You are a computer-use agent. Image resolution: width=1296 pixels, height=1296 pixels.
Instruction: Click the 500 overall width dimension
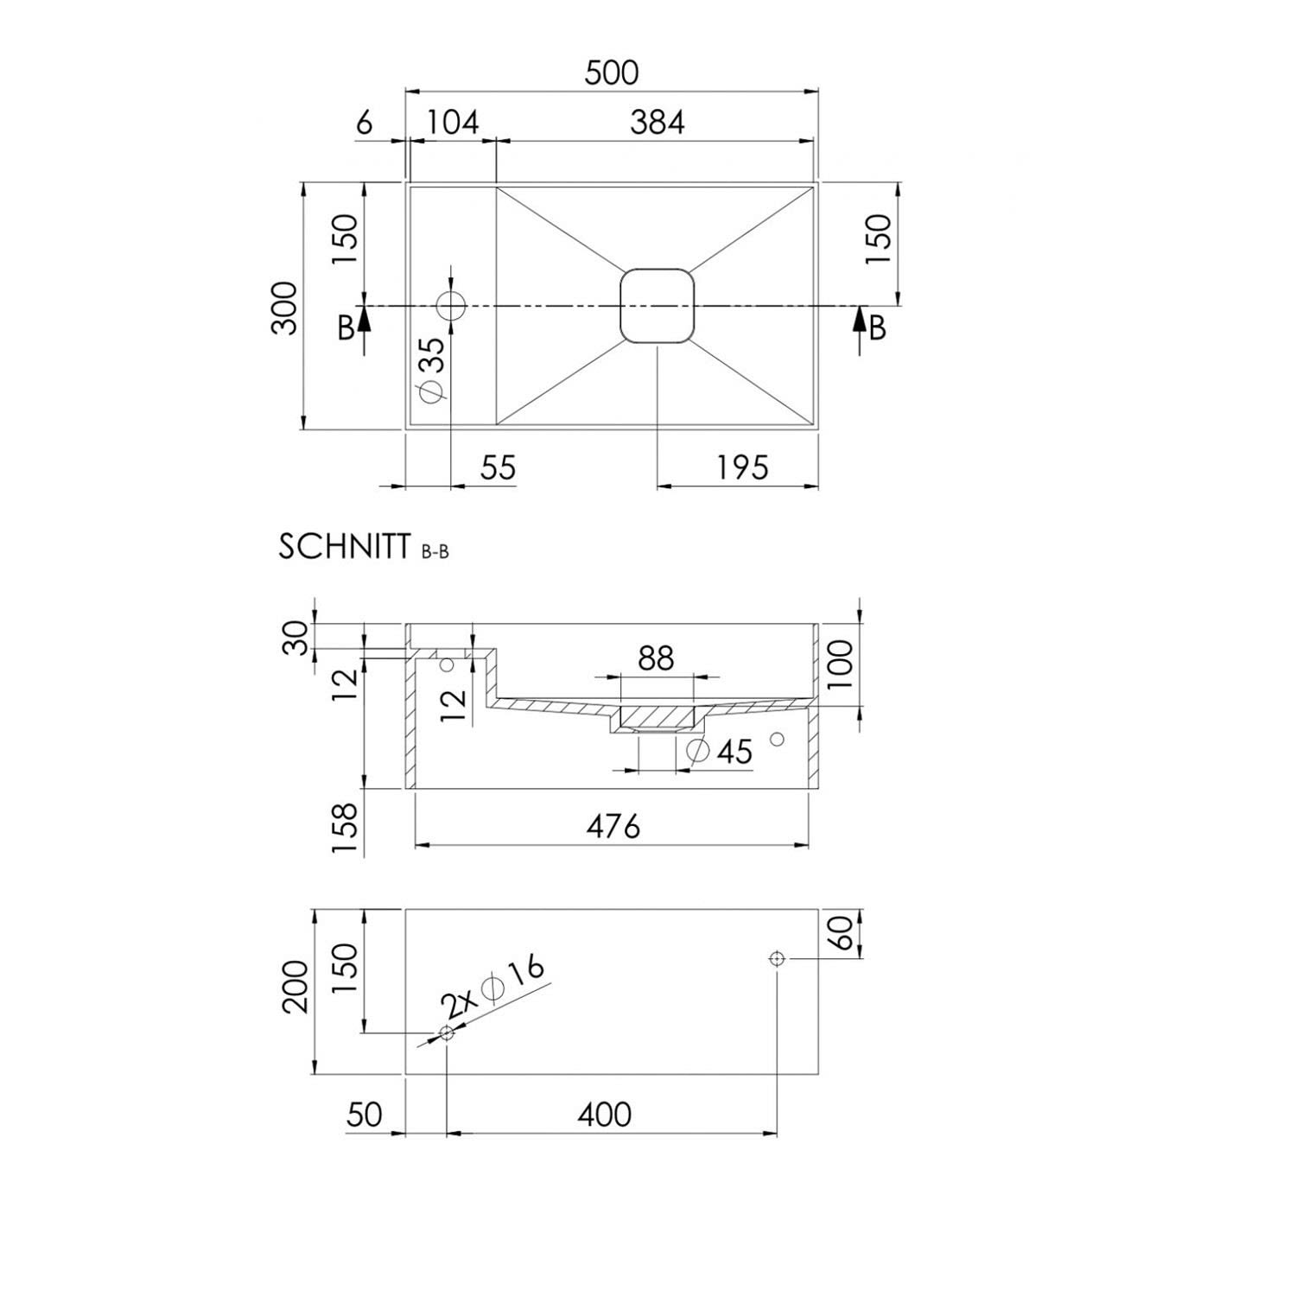tap(612, 73)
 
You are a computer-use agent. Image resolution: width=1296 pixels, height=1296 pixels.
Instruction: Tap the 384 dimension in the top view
tap(657, 123)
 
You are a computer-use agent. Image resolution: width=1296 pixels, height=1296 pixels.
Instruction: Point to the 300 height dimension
tap(286, 308)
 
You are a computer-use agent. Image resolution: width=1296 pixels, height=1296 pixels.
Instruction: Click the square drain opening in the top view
tap(657, 306)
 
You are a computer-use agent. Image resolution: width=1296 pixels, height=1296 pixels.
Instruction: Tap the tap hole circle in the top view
tap(451, 305)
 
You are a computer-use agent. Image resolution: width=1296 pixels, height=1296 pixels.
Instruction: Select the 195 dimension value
tap(741, 467)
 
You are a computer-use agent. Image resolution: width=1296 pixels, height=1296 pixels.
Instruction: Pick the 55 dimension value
tap(499, 467)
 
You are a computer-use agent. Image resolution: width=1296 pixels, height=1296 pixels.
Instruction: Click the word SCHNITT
tap(344, 547)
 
